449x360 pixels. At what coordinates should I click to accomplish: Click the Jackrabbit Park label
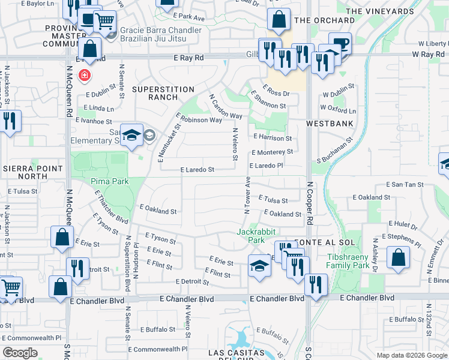(x=250, y=236)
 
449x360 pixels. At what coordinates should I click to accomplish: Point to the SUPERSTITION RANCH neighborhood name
(x=163, y=94)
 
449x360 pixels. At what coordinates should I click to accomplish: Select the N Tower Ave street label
(x=247, y=195)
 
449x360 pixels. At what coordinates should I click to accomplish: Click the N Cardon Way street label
(x=225, y=106)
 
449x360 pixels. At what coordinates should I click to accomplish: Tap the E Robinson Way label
(x=200, y=120)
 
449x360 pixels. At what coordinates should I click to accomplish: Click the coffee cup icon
(x=340, y=43)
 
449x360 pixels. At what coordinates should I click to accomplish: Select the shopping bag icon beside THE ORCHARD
(x=279, y=20)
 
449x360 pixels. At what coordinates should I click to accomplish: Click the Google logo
(x=20, y=352)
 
